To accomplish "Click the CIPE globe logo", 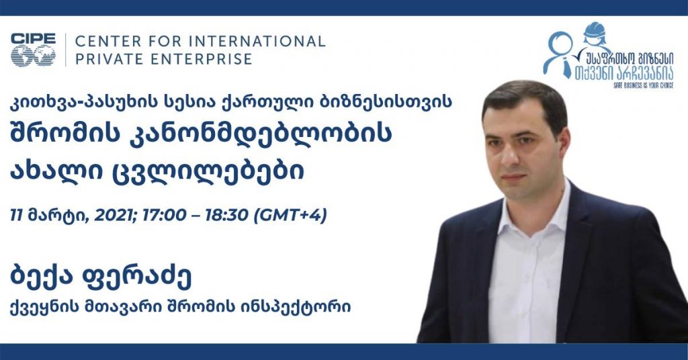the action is point(34,50).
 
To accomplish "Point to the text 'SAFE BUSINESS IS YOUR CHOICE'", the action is point(643,85).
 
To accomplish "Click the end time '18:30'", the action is point(228,216).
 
